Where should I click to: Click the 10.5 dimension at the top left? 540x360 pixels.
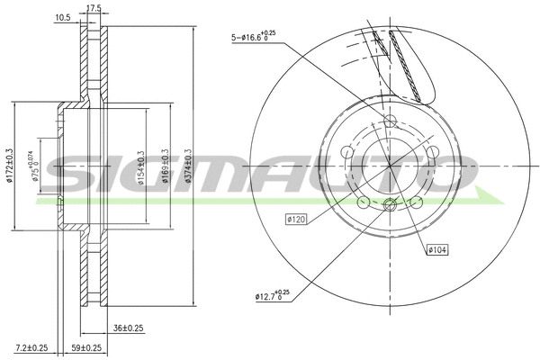(63, 17)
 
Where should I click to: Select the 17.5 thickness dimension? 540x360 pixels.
(92, 8)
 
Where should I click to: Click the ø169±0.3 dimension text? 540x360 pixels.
(165, 166)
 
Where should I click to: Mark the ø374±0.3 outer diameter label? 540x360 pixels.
(188, 166)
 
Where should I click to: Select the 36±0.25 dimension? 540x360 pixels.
(129, 328)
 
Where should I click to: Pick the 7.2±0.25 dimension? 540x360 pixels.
(31, 346)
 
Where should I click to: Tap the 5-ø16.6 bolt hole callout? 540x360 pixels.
(254, 37)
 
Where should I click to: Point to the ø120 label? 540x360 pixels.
(297, 218)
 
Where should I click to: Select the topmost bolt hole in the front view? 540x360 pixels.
(390, 121)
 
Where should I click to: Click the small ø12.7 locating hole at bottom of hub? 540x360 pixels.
(390, 207)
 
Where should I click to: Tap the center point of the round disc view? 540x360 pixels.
(390, 166)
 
